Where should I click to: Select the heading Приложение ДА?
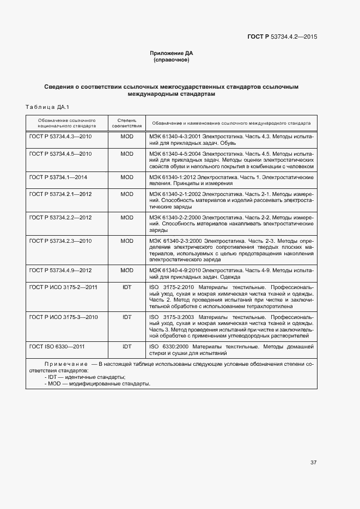click(x=172, y=53)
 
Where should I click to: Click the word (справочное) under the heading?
click(x=172, y=60)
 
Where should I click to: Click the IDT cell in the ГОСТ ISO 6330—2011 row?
click(x=127, y=346)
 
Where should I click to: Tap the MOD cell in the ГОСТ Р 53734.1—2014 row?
click(x=127, y=177)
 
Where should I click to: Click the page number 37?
click(x=313, y=463)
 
